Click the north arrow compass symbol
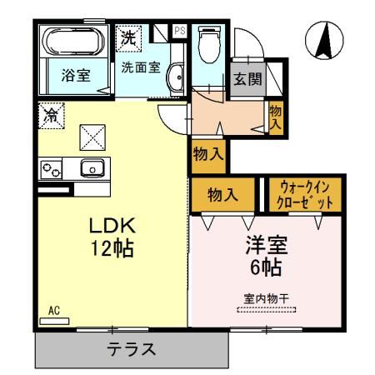(324, 40)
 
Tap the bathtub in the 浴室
(73, 42)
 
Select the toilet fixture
(210, 44)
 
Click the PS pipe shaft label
(180, 31)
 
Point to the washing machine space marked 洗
(128, 38)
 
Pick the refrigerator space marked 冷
(52, 116)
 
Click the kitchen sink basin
(92, 168)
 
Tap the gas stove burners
(51, 170)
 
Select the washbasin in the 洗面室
(175, 77)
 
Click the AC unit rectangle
(54, 321)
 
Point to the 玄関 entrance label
(247, 79)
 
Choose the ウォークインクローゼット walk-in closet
(305, 194)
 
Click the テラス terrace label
(131, 349)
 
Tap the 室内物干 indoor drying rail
(267, 309)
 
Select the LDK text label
(112, 225)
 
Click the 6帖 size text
(266, 267)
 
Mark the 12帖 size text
(112, 248)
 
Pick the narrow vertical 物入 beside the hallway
(276, 117)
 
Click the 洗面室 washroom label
(141, 67)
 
